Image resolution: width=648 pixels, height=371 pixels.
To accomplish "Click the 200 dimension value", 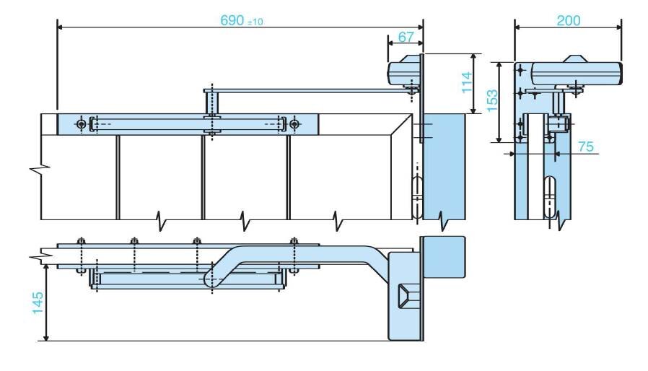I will click(568, 20).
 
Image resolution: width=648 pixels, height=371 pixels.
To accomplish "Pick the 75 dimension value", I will click(586, 146).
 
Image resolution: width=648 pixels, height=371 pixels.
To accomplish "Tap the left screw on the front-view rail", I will click(81, 124).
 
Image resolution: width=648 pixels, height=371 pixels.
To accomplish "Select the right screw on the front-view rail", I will click(294, 124).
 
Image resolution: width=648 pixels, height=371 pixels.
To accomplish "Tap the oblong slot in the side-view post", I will click(550, 197).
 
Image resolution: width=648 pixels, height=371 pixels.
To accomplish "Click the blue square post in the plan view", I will click(442, 257).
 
